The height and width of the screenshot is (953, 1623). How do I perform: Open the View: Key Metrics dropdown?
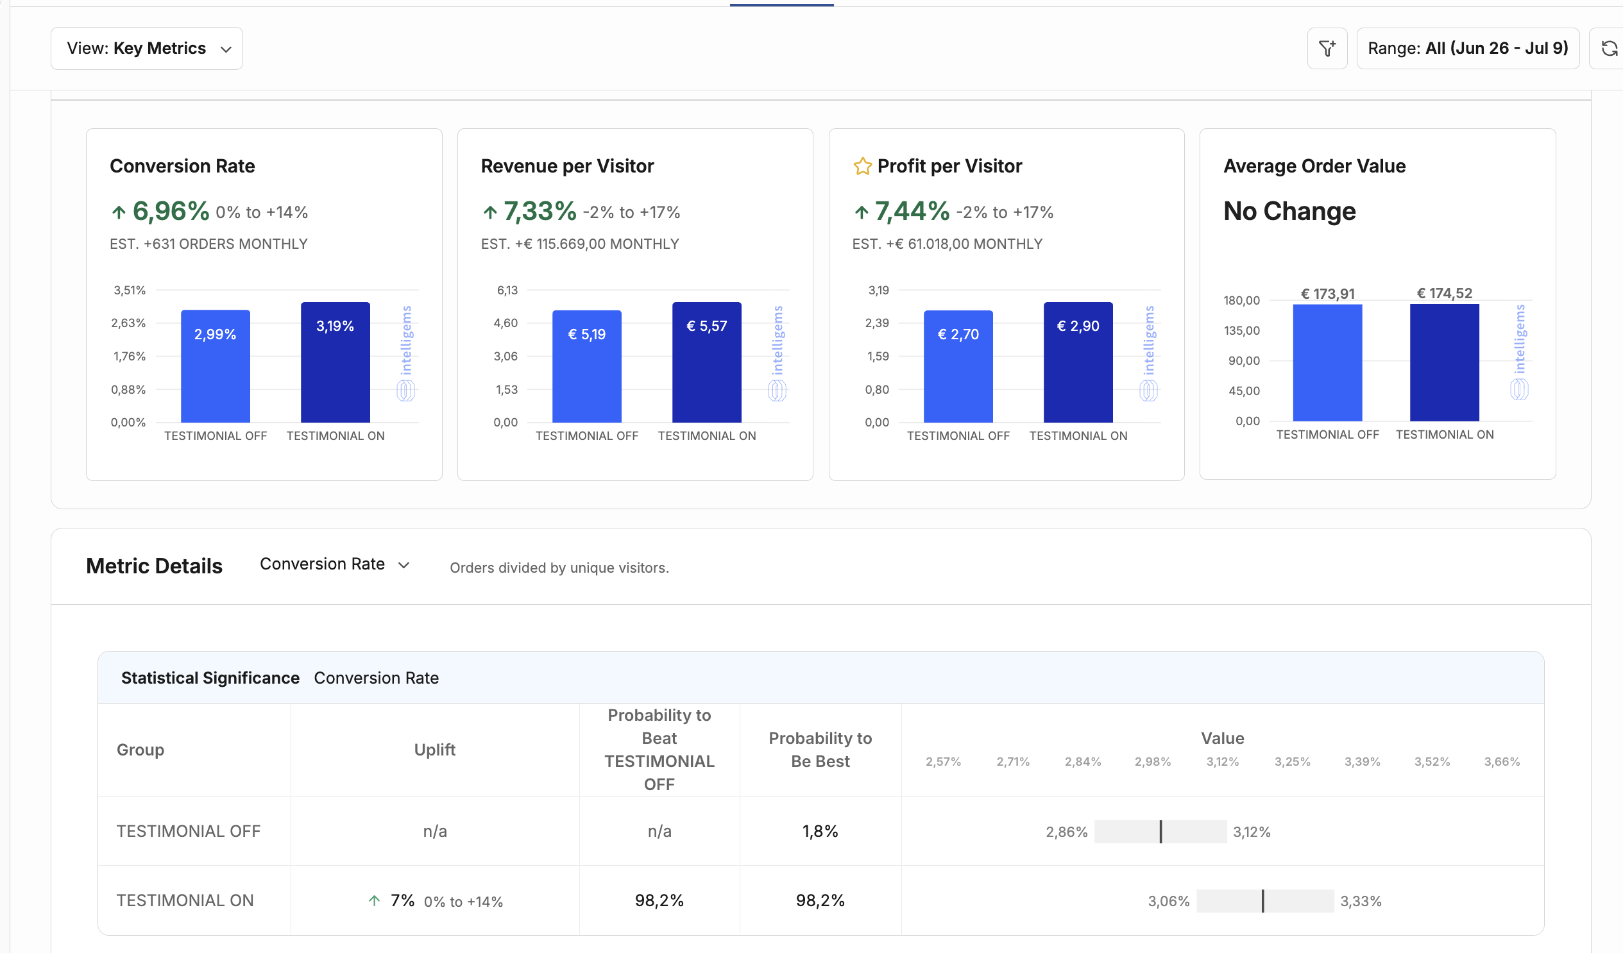click(x=147, y=48)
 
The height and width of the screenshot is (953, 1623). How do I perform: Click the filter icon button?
click(x=1327, y=48)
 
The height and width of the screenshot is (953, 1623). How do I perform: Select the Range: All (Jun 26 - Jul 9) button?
click(x=1468, y=48)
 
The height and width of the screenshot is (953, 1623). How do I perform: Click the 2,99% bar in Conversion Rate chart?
click(x=215, y=366)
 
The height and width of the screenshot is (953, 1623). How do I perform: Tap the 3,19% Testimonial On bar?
click(x=336, y=362)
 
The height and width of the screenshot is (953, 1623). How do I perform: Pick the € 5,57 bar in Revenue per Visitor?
click(x=706, y=362)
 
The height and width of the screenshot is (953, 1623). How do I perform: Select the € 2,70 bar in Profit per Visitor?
click(x=958, y=366)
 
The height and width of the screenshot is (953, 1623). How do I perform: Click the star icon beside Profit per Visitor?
click(x=862, y=166)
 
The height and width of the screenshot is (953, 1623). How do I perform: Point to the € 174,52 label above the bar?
click(x=1445, y=294)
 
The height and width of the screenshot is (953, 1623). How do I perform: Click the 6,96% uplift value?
click(x=171, y=211)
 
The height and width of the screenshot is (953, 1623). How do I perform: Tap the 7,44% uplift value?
click(x=912, y=211)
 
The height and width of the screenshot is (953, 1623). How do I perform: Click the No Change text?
click(x=1289, y=211)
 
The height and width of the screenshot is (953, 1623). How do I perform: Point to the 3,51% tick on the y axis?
click(x=130, y=291)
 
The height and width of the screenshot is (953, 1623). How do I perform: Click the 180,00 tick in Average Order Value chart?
click(x=1242, y=301)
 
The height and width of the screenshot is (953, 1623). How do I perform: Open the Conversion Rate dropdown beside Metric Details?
click(x=335, y=565)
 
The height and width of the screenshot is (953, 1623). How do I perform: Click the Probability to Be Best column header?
click(x=820, y=750)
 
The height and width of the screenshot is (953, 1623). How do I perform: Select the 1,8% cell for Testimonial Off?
click(x=820, y=831)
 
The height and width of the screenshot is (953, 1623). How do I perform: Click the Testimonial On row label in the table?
click(x=185, y=900)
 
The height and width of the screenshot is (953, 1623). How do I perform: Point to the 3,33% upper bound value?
click(x=1361, y=902)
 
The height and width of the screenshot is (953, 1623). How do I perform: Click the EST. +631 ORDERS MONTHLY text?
click(x=208, y=244)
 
